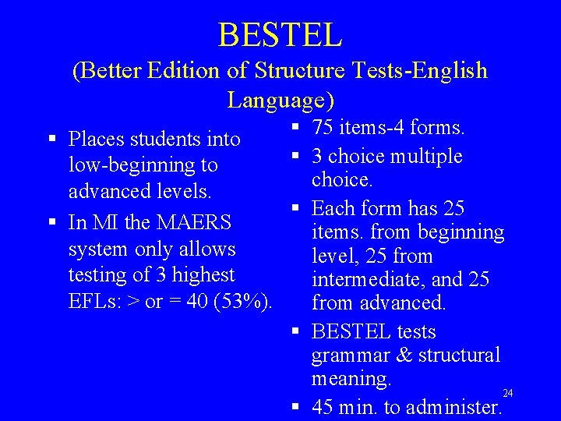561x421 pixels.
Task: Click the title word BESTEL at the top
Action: [280, 34]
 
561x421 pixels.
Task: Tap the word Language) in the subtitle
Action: [280, 101]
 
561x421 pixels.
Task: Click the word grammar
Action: [348, 356]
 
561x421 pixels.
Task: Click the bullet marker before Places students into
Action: [51, 140]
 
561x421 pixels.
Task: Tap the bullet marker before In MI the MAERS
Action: [51, 222]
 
